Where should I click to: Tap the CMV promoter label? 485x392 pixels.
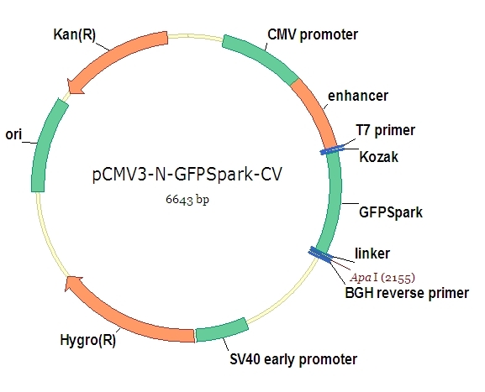pyautogui.click(x=312, y=34)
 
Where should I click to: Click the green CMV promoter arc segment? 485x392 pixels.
pyautogui.click(x=260, y=55)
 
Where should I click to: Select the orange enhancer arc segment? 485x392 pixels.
pyautogui.click(x=316, y=111)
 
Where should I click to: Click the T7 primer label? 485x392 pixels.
pyautogui.click(x=386, y=130)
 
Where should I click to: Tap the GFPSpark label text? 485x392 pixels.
pyautogui.click(x=390, y=212)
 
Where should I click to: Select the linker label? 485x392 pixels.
pyautogui.click(x=372, y=253)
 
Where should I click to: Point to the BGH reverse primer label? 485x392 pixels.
pyautogui.click(x=407, y=293)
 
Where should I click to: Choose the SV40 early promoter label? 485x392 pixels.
pyautogui.click(x=293, y=359)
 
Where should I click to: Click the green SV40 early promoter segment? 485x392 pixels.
pyautogui.click(x=221, y=329)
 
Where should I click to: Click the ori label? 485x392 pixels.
pyautogui.click(x=13, y=133)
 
